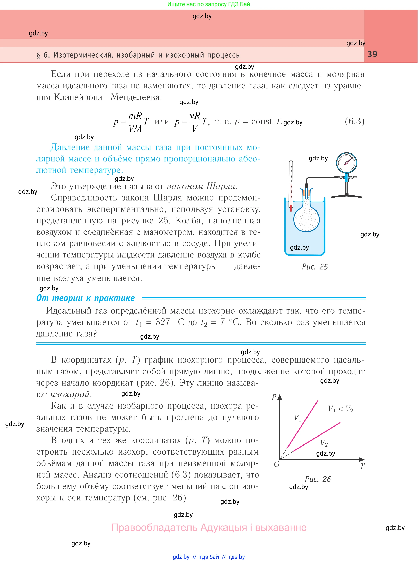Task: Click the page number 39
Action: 372,54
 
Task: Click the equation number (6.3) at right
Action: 355,121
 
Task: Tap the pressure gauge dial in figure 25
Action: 346,162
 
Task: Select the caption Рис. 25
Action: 315,267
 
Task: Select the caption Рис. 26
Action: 318,479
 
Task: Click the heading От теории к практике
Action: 86,298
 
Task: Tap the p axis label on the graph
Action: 274,396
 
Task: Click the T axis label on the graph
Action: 362,466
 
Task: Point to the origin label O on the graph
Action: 277,464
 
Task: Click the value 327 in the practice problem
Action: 162,322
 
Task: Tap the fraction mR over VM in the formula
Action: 135,122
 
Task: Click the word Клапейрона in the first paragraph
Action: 77,97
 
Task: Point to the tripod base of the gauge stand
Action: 346,196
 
